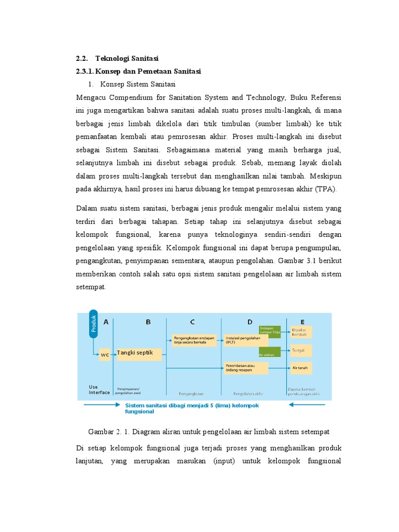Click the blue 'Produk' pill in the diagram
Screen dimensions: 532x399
click(93, 324)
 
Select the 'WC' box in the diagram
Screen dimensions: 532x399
click(105, 355)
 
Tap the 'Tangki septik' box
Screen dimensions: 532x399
click(139, 354)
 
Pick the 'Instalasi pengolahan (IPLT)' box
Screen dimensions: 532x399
click(246, 340)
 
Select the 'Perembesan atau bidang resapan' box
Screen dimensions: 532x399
click(246, 368)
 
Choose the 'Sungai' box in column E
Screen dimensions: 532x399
click(301, 351)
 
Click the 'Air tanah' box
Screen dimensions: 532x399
click(301, 367)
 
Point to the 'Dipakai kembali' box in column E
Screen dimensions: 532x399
click(301, 332)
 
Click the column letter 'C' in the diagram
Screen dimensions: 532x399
click(193, 322)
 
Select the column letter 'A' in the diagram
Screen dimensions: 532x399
click(106, 322)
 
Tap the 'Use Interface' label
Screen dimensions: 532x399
click(99, 390)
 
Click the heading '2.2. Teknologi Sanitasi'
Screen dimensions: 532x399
click(117, 58)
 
